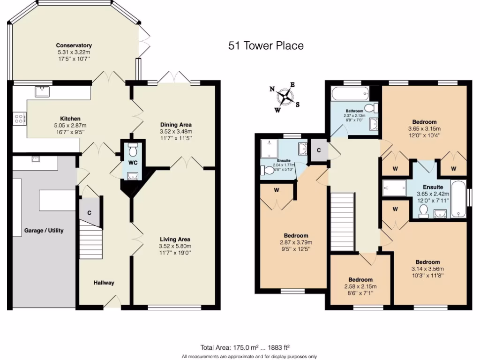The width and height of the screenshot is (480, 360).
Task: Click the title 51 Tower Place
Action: [266, 45]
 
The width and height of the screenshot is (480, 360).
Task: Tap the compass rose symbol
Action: [285, 97]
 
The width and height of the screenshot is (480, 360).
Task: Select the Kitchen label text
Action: [70, 119]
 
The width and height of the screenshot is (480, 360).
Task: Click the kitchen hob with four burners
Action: [20, 118]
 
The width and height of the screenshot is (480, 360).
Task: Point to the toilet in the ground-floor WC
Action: [132, 150]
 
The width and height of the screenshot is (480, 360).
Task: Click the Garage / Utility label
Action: [44, 231]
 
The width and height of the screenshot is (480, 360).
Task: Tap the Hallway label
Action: [104, 283]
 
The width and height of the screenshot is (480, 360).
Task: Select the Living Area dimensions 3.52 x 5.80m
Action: [175, 246]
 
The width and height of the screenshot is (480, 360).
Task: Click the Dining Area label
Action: [176, 125]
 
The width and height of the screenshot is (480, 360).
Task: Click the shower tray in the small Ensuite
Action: [271, 150]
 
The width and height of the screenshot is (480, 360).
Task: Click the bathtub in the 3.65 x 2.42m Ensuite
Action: [458, 199]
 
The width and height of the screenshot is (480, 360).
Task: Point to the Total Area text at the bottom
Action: [245, 347]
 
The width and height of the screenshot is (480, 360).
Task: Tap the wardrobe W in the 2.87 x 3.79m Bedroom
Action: [277, 191]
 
